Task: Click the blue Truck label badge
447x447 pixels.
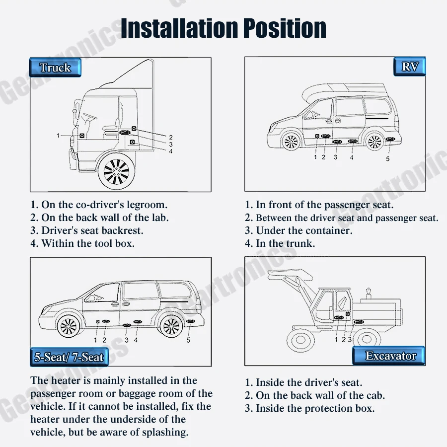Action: coord(55,68)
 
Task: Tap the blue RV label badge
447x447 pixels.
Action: coord(410,67)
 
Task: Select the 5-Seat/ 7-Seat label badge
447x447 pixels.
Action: coord(69,357)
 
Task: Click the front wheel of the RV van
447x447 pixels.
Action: coord(290,142)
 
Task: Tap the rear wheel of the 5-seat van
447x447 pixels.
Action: coord(171,326)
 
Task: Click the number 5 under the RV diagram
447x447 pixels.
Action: coord(388,159)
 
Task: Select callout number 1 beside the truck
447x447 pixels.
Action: coord(58,135)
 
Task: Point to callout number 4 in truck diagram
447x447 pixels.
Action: coord(170,151)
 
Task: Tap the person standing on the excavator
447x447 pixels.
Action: coord(368,293)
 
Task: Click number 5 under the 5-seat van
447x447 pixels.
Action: coord(188,340)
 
